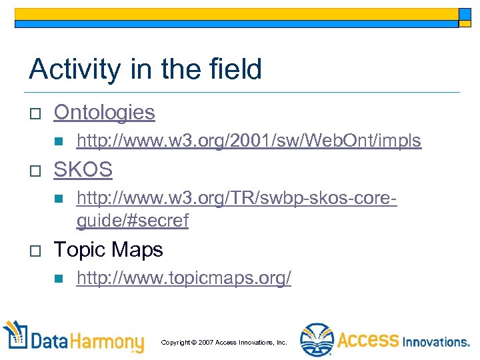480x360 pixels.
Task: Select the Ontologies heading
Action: click(x=104, y=113)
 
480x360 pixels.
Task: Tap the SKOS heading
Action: click(x=83, y=170)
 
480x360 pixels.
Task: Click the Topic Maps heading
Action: click(x=108, y=250)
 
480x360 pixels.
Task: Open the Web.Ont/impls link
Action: click(x=249, y=141)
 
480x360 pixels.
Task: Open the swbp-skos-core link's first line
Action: click(x=236, y=198)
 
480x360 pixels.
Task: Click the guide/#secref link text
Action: click(x=132, y=221)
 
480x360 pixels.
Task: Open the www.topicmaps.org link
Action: click(x=183, y=278)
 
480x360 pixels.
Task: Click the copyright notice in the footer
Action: click(x=223, y=342)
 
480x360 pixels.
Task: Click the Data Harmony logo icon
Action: click(x=17, y=337)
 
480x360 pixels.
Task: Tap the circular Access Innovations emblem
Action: click(x=315, y=340)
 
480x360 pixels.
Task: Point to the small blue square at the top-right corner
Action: click(x=465, y=15)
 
